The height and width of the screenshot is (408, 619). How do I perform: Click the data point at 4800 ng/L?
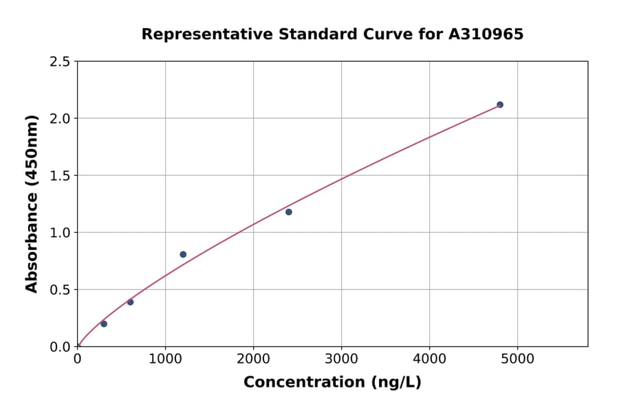pyautogui.click(x=500, y=104)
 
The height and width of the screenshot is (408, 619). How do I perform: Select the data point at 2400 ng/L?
pyautogui.click(x=289, y=212)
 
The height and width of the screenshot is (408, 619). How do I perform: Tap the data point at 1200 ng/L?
pyautogui.click(x=183, y=254)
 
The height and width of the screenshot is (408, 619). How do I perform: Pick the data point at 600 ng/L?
pyautogui.click(x=130, y=302)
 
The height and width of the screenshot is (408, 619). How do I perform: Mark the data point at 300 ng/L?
pyautogui.click(x=104, y=324)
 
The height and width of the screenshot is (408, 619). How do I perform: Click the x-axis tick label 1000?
pyautogui.click(x=165, y=359)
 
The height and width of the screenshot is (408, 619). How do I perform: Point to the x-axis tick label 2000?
pyautogui.click(x=253, y=359)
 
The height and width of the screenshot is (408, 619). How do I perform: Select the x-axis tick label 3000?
pyautogui.click(x=341, y=359)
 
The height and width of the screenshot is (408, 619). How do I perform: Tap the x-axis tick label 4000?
pyautogui.click(x=429, y=359)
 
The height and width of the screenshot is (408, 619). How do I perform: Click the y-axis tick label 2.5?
pyautogui.click(x=60, y=62)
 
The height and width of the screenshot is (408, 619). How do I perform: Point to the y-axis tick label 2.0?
pyautogui.click(x=60, y=119)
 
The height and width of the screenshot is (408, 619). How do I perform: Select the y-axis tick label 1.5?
pyautogui.click(x=60, y=176)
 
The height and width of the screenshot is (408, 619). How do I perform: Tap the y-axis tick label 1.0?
pyautogui.click(x=60, y=233)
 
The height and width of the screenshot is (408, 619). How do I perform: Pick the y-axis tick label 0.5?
pyautogui.click(x=60, y=290)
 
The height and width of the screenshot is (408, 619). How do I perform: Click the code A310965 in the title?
pyautogui.click(x=486, y=34)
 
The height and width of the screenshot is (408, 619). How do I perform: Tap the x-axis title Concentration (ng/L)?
pyautogui.click(x=332, y=382)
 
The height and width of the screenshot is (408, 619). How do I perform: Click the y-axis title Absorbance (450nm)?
pyautogui.click(x=32, y=203)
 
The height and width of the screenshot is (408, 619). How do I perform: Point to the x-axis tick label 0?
pyautogui.click(x=77, y=359)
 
